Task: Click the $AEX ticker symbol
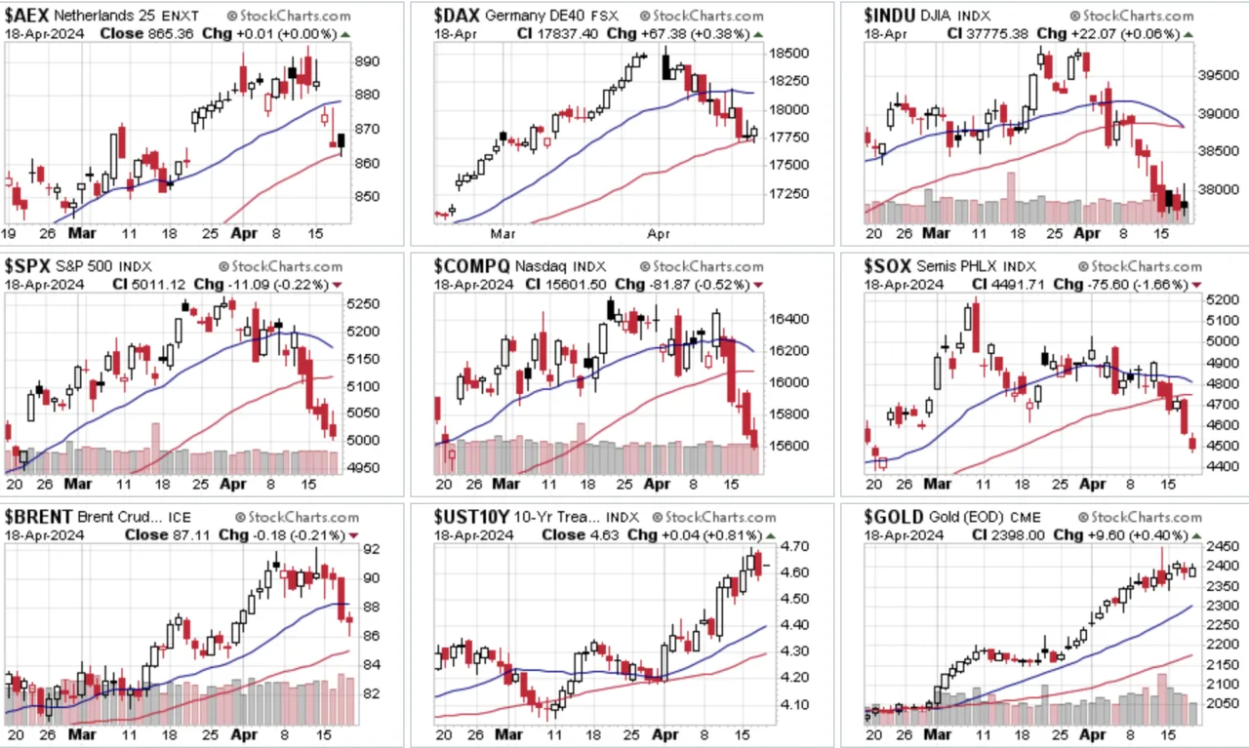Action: coord(26,15)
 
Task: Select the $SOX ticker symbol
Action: coord(887,266)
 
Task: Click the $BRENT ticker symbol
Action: coord(38,517)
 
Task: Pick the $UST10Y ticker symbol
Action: coord(471,517)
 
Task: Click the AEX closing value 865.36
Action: coord(171,34)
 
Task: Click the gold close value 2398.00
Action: coord(1020,535)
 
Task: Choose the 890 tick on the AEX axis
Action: coord(367,60)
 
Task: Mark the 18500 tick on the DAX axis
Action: coord(788,54)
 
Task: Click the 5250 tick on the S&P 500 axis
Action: coord(362,303)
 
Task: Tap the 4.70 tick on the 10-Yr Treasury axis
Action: coord(795,546)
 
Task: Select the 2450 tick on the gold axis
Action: coord(1222,546)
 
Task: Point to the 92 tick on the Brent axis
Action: coord(372,549)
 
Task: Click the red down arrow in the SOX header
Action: coord(1196,286)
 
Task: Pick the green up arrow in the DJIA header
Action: coord(1189,34)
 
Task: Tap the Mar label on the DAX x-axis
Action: coord(503,233)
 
